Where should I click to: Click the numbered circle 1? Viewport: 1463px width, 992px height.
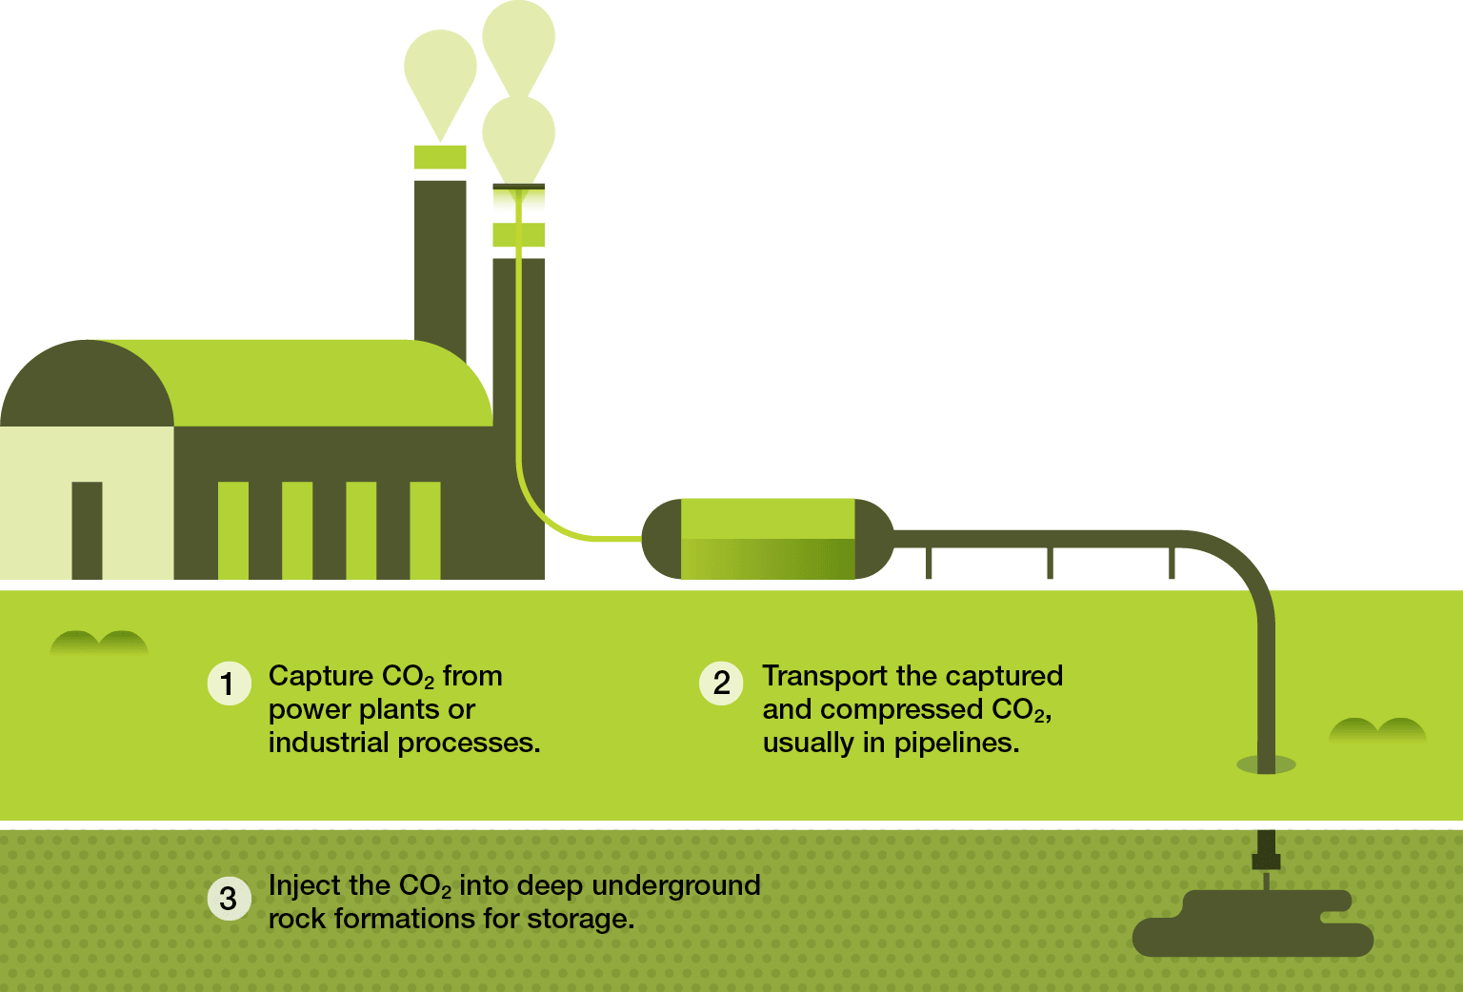[229, 684]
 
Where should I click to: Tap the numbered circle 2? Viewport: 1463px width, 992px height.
[721, 684]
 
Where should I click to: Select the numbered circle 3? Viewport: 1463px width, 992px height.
[229, 899]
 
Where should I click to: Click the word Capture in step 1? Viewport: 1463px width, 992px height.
[321, 676]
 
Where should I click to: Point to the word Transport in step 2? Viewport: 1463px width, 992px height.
[826, 676]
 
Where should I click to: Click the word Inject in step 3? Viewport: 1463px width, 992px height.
[302, 885]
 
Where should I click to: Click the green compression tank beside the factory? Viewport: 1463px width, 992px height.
[768, 539]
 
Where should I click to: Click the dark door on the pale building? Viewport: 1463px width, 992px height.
[87, 530]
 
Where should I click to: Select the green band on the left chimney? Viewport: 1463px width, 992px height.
[440, 157]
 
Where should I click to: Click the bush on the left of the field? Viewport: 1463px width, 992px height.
[99, 644]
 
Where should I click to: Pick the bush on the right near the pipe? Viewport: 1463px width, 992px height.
[1377, 730]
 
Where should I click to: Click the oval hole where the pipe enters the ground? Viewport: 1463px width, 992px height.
[1266, 764]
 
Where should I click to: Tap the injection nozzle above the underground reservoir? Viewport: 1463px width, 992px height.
[1266, 853]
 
